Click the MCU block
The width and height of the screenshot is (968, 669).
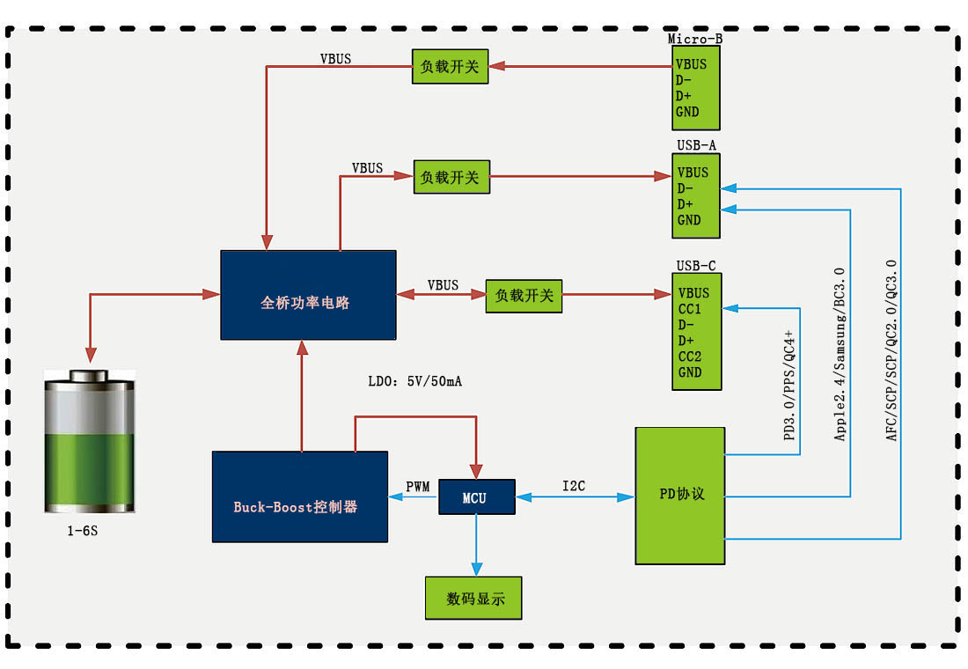click(x=475, y=498)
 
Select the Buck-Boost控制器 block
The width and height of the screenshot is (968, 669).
click(x=299, y=496)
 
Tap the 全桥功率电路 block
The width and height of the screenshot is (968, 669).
click(x=307, y=295)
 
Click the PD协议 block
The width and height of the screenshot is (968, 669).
click(x=680, y=495)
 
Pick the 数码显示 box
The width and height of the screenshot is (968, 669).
click(x=473, y=599)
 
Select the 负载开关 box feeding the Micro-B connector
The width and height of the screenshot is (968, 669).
click(x=450, y=66)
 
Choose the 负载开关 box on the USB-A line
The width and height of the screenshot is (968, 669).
click(x=450, y=177)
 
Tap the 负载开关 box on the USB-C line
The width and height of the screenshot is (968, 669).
click(x=524, y=296)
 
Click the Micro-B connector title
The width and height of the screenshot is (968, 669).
click(x=695, y=39)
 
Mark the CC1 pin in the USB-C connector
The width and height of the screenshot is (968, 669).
click(x=690, y=309)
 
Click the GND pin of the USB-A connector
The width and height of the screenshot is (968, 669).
click(x=689, y=220)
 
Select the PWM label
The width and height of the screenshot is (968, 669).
click(x=417, y=486)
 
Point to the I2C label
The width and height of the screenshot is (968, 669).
click(x=574, y=486)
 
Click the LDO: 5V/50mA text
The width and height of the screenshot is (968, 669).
click(x=414, y=382)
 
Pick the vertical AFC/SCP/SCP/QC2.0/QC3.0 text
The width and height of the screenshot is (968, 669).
click(x=891, y=350)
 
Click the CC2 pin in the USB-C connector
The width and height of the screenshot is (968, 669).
click(x=690, y=356)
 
